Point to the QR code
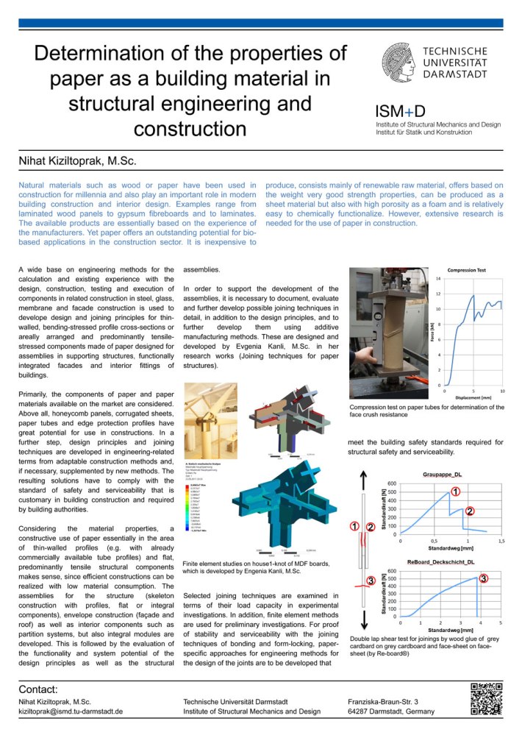coord(486,699)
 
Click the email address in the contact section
coord(70,712)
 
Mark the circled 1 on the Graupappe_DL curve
coord(455,492)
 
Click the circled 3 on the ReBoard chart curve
coord(483,579)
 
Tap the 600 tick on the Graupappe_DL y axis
coord(393,483)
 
